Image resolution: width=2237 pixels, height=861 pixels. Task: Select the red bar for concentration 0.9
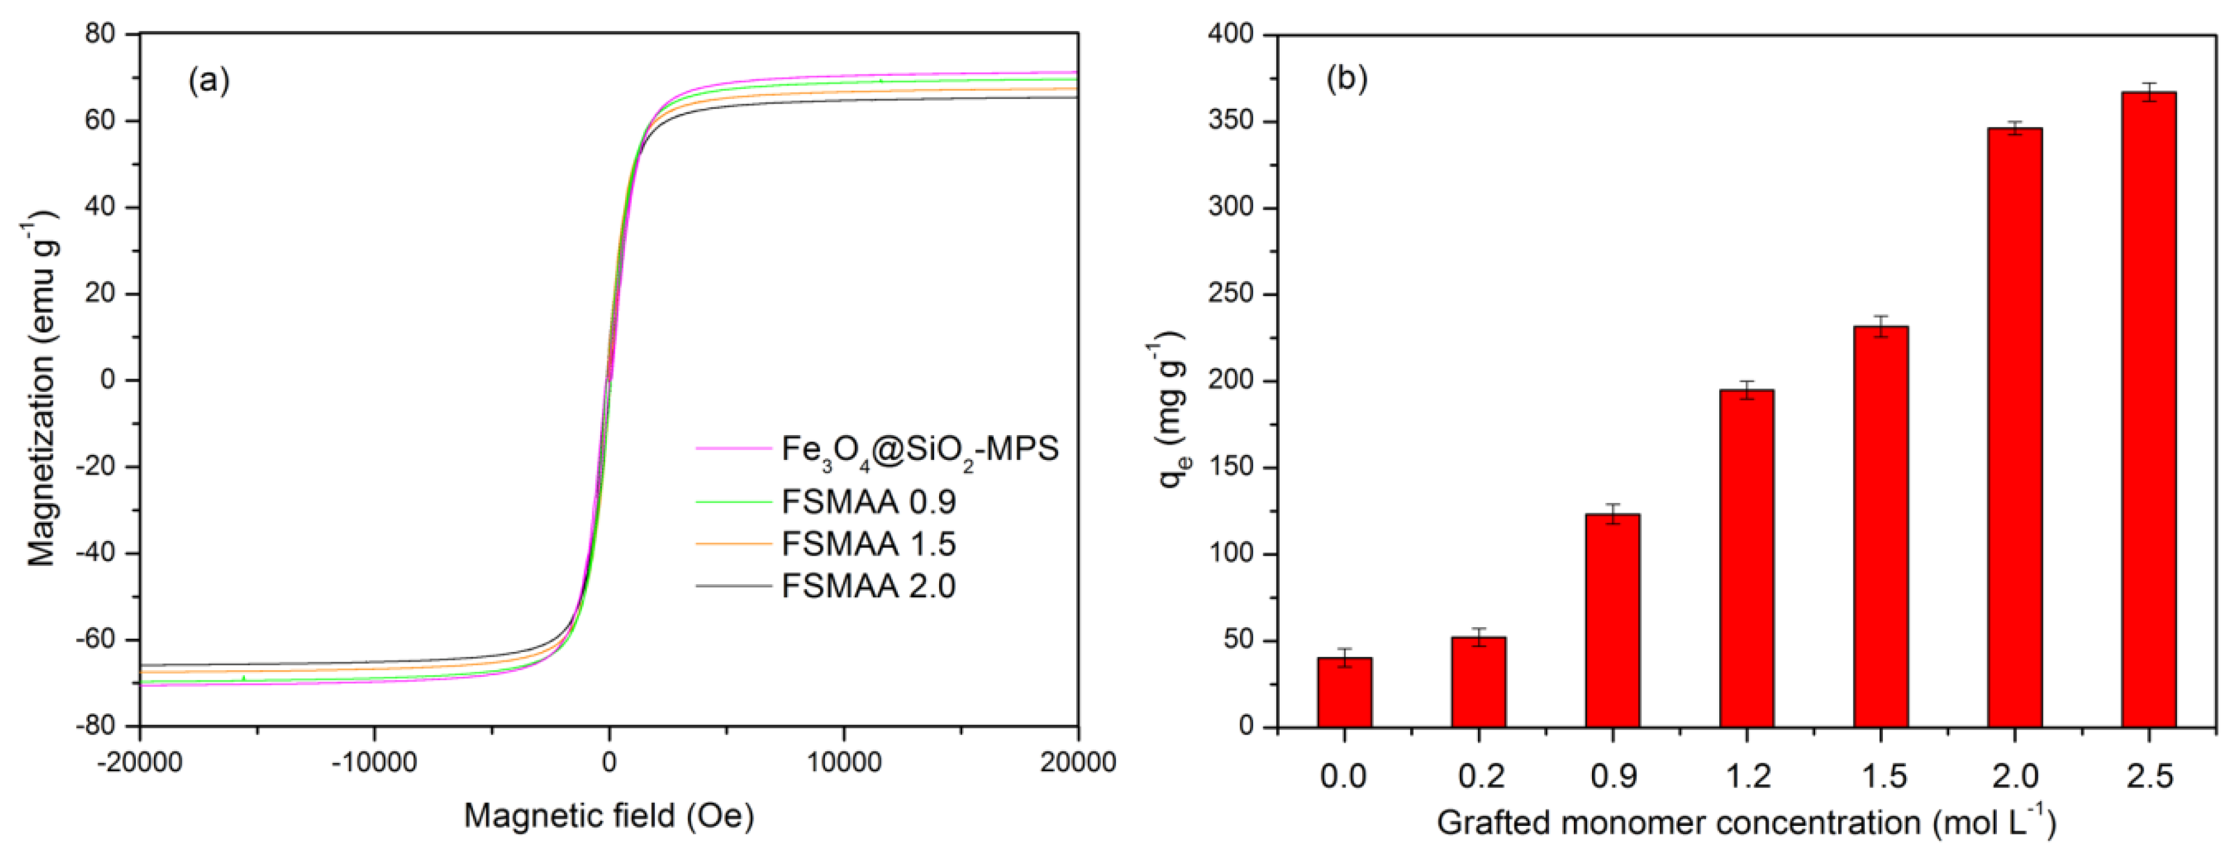(1612, 620)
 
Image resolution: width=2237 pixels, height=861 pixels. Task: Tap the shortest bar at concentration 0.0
(1344, 692)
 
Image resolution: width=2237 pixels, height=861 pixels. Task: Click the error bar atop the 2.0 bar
(2015, 128)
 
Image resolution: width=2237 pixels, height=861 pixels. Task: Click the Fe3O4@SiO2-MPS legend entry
(919, 450)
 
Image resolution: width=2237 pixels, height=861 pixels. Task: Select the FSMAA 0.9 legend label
(868, 502)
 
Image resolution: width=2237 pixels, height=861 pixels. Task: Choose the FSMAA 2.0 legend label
(868, 587)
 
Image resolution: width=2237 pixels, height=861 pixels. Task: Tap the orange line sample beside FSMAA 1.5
(733, 544)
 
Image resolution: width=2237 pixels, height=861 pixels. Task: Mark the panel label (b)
(1346, 79)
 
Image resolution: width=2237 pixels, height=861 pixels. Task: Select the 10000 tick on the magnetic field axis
(843, 763)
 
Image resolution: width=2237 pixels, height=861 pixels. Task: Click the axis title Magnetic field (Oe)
(609, 816)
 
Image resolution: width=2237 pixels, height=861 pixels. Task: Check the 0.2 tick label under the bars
(1479, 775)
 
